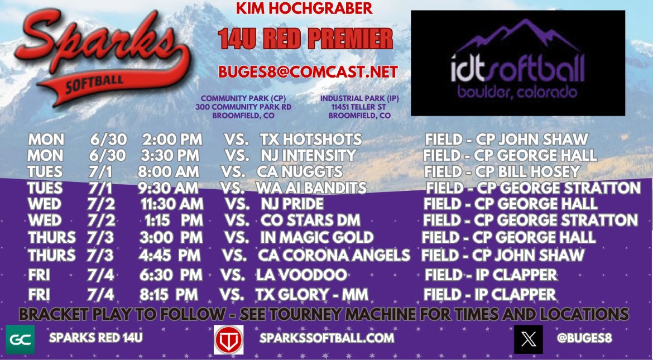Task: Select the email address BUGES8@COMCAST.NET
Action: click(308, 72)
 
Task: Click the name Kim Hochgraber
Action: click(305, 8)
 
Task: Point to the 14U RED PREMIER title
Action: click(305, 39)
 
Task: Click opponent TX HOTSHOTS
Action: click(311, 140)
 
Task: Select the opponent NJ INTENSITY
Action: click(308, 155)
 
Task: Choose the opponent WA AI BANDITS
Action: click(311, 188)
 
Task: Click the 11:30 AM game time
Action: click(171, 204)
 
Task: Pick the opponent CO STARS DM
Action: click(310, 220)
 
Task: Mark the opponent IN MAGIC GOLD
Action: click(316, 237)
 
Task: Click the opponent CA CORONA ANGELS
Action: click(334, 256)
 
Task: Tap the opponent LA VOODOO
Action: click(301, 275)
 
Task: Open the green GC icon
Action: click(20, 339)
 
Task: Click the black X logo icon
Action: click(528, 339)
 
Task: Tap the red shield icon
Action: click(228, 339)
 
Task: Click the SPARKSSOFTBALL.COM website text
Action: click(326, 338)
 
